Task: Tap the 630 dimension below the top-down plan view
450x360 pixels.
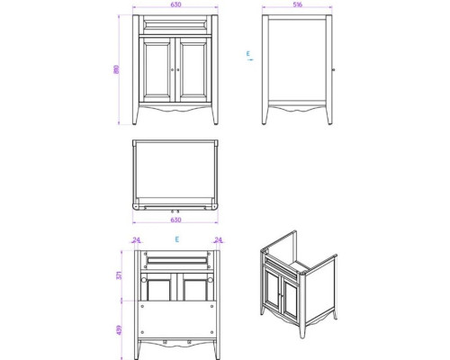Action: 176,218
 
